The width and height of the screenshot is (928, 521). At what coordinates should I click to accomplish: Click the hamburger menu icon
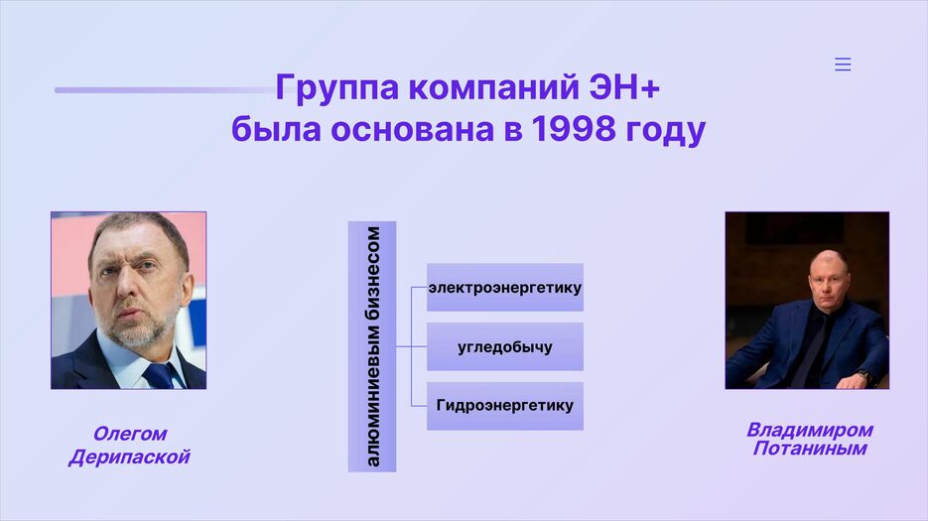tap(843, 65)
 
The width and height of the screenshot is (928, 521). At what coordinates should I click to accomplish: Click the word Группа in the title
tap(336, 88)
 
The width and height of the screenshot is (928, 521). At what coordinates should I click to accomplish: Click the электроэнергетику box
tap(505, 288)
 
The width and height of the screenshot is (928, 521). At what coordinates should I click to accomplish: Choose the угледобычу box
tap(505, 347)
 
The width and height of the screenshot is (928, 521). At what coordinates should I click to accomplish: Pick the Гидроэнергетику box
tap(505, 406)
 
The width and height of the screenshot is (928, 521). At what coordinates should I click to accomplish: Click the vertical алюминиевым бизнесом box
tap(372, 346)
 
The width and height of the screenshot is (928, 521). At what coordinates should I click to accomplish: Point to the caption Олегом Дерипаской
tap(129, 446)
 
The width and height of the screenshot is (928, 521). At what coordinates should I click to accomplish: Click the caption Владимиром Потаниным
tap(809, 439)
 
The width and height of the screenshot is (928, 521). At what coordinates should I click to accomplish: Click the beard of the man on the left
tap(135, 332)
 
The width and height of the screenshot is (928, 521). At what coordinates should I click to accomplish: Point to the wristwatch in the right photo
tap(863, 376)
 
